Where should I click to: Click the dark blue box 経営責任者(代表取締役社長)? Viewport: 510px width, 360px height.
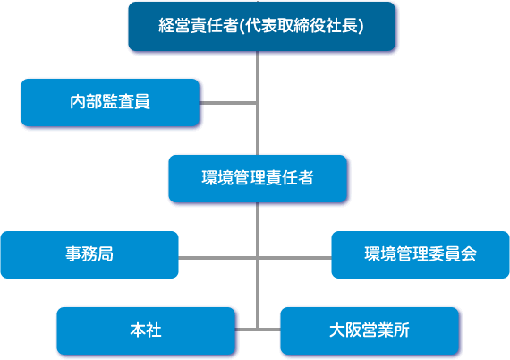262,26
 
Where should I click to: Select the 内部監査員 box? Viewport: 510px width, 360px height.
110,102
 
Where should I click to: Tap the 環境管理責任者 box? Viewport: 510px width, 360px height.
258,179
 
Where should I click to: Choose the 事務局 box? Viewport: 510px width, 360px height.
89,254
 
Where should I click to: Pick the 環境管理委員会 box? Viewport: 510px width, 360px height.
421,254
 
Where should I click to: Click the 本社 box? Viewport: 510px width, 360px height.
146,330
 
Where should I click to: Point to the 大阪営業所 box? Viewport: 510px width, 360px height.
370,330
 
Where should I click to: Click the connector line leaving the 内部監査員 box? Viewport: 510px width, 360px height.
228,103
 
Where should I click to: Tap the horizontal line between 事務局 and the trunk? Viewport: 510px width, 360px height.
218,258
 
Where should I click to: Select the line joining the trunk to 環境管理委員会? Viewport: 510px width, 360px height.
294,258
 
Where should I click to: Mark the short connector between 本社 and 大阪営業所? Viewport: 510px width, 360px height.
258,330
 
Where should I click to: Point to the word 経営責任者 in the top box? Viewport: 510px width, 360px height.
199,25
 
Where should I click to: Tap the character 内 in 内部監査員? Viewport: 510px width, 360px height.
78,101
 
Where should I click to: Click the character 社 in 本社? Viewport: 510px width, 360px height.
154,330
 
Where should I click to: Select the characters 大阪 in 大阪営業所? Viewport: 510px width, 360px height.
345,330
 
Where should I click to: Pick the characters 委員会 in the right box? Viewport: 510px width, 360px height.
453,254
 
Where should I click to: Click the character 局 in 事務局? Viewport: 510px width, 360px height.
106,254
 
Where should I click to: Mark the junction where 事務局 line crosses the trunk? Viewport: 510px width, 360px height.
258,258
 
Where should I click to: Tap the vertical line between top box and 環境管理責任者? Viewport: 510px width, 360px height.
258,103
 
